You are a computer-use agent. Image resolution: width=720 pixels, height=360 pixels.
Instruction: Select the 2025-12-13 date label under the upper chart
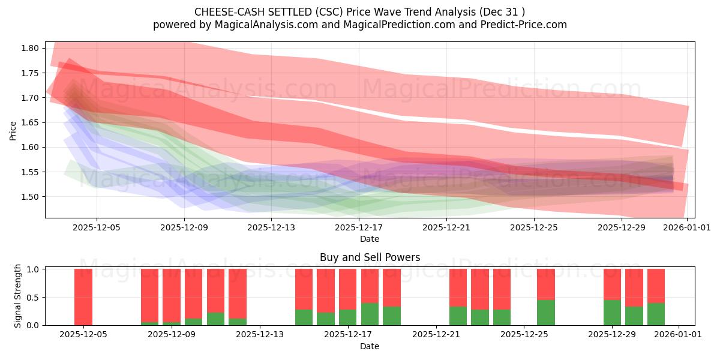pos(272,227)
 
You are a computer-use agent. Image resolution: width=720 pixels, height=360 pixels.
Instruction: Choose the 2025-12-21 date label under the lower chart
pos(436,334)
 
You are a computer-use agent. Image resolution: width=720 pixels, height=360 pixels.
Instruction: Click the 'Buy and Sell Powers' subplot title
pos(370,257)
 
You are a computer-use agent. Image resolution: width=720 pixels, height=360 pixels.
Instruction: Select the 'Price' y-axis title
pos(13,130)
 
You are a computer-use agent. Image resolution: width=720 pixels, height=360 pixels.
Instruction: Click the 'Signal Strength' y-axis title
pos(18,296)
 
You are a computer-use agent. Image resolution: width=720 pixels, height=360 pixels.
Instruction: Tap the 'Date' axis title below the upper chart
pos(370,239)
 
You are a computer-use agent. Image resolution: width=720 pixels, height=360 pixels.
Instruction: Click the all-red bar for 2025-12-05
pos(83,297)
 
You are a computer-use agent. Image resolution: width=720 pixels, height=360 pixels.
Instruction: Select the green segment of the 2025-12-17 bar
pos(370,314)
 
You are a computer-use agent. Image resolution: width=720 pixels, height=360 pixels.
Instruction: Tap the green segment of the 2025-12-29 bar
pos(613,313)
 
